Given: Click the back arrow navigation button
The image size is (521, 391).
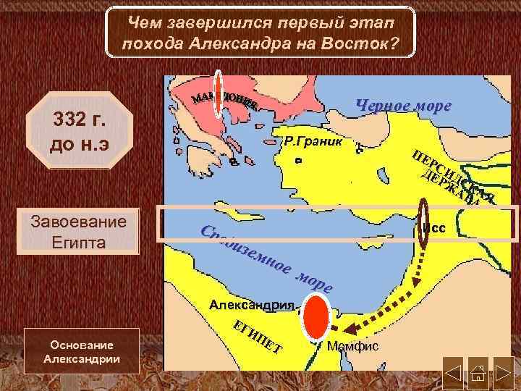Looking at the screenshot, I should [454, 369].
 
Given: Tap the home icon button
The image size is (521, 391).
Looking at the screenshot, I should [479, 369].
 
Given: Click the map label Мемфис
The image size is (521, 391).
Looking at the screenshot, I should [353, 347].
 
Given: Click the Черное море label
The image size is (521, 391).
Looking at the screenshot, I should [404, 106].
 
